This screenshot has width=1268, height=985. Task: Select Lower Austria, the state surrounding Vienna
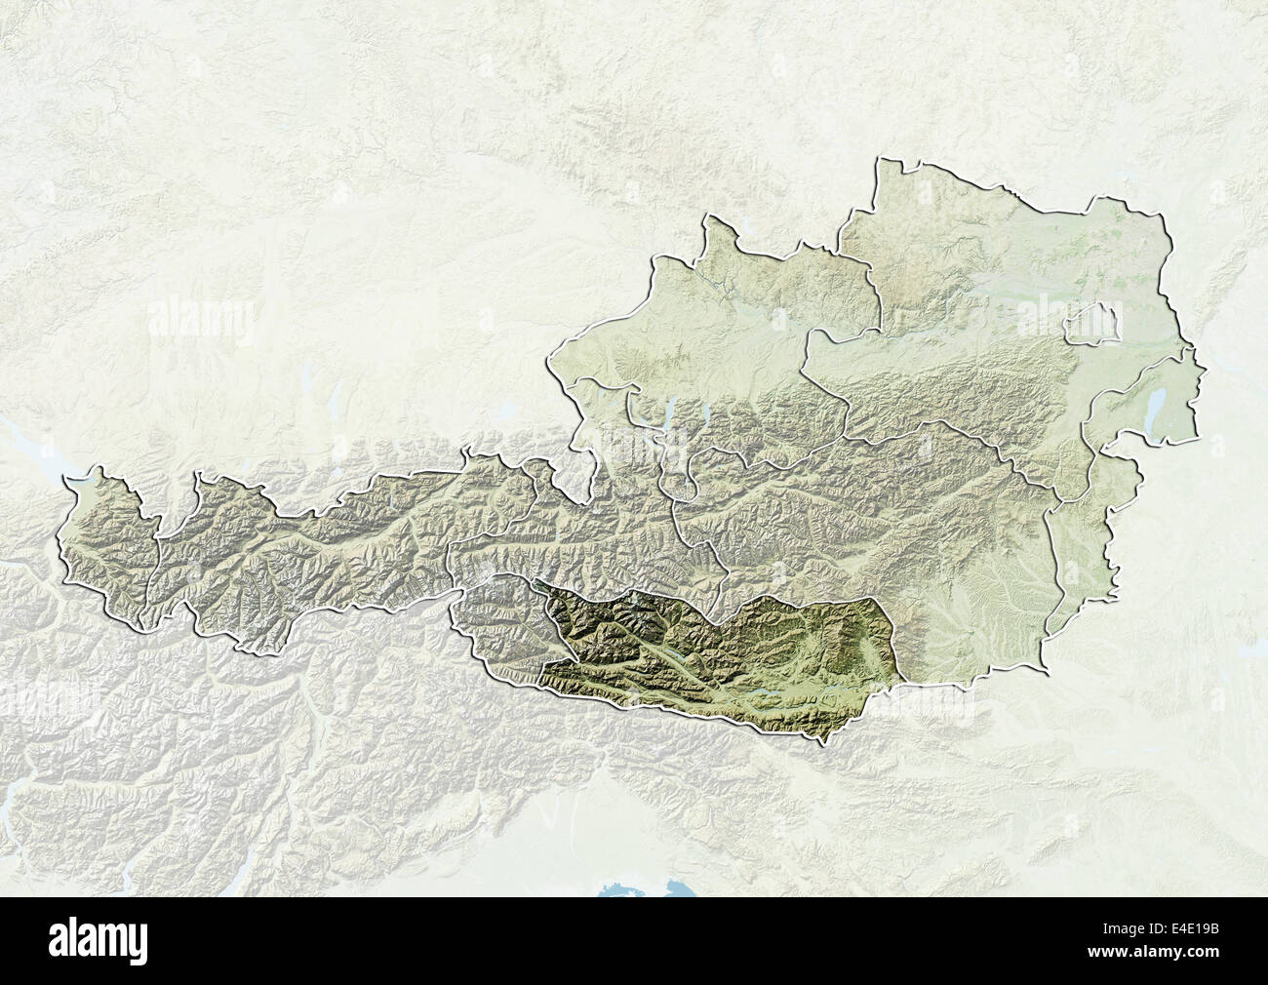(975, 293)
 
